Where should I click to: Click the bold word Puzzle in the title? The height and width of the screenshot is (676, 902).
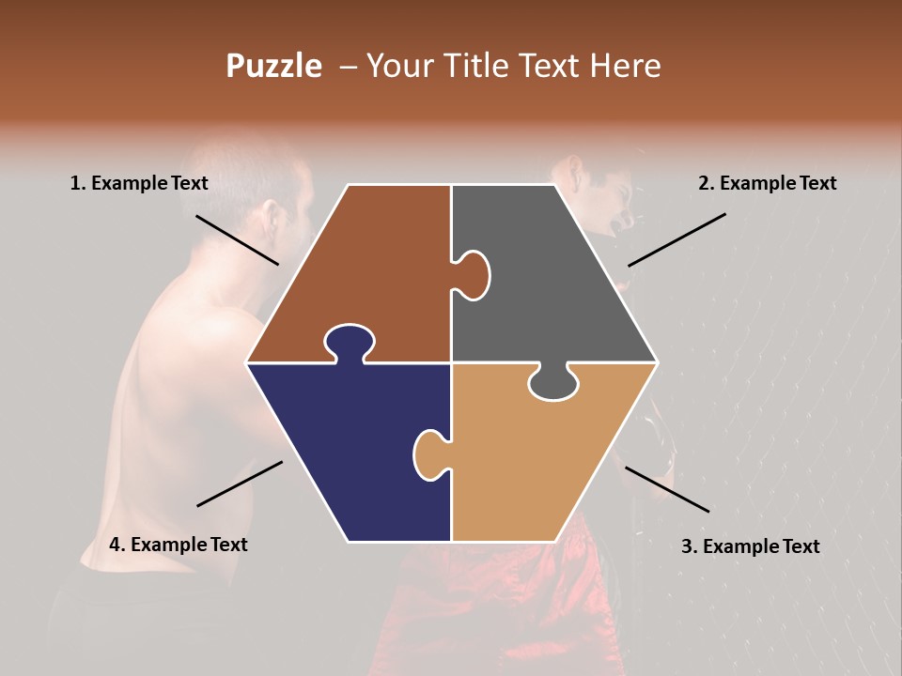273,66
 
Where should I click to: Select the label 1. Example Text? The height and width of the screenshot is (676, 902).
139,183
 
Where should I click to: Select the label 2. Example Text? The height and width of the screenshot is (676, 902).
767,183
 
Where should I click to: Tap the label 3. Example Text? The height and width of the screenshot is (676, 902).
750,546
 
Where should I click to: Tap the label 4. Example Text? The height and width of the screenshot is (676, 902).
178,545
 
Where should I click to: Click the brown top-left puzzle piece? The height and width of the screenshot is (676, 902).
366,263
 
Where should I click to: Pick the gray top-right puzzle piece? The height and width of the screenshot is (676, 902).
554,282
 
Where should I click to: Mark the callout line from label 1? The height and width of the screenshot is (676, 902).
237,239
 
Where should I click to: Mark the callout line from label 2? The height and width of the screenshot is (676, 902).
676,239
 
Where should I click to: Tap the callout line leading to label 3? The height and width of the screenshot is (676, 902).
667,489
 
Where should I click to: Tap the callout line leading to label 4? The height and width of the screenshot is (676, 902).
240,484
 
